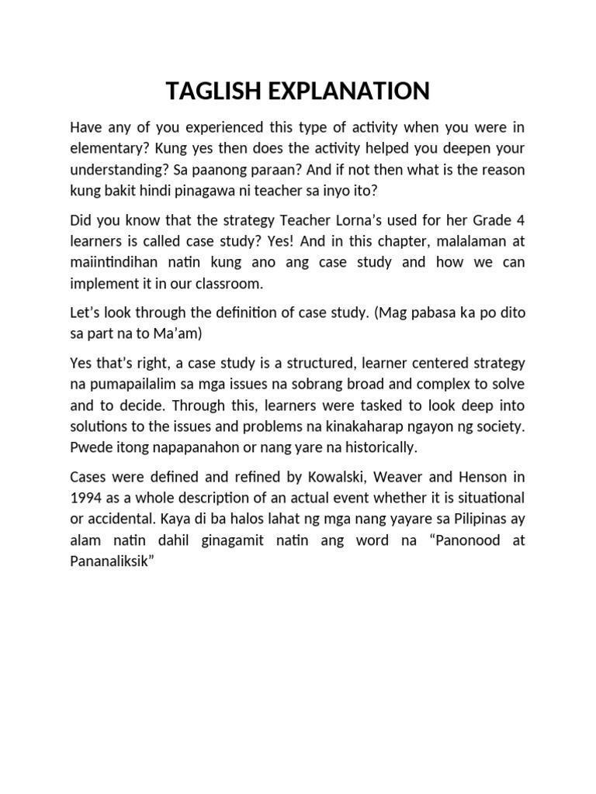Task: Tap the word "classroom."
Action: click(x=233, y=284)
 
